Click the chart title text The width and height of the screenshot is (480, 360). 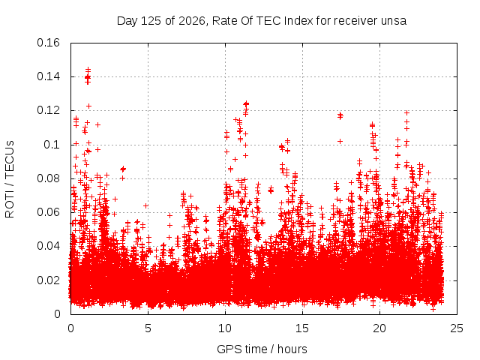tap(262, 21)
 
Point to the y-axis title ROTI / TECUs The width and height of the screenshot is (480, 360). tap(10, 179)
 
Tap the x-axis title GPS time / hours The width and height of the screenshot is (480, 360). tap(262, 349)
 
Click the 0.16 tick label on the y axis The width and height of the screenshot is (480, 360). tap(48, 43)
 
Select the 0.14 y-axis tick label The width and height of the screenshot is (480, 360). tap(48, 76)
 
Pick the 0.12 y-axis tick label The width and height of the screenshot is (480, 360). tap(48, 110)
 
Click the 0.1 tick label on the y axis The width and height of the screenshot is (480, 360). tap(52, 145)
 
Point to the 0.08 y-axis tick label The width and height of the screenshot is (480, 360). tap(48, 178)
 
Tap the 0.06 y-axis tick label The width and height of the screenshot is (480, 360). tap(48, 212)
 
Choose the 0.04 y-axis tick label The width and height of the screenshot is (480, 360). tap(48, 246)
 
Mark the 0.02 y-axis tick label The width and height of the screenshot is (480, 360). tap(48, 280)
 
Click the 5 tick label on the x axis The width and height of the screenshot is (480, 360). tap(148, 328)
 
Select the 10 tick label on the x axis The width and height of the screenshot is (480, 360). tap(225, 328)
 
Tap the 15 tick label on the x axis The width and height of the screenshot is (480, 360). tap(302, 328)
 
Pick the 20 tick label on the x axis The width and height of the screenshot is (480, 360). tap(379, 328)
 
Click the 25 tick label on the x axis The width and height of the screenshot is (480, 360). tap(457, 328)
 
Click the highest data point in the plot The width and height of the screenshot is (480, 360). tap(88, 70)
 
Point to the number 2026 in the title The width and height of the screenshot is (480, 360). tap(192, 21)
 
